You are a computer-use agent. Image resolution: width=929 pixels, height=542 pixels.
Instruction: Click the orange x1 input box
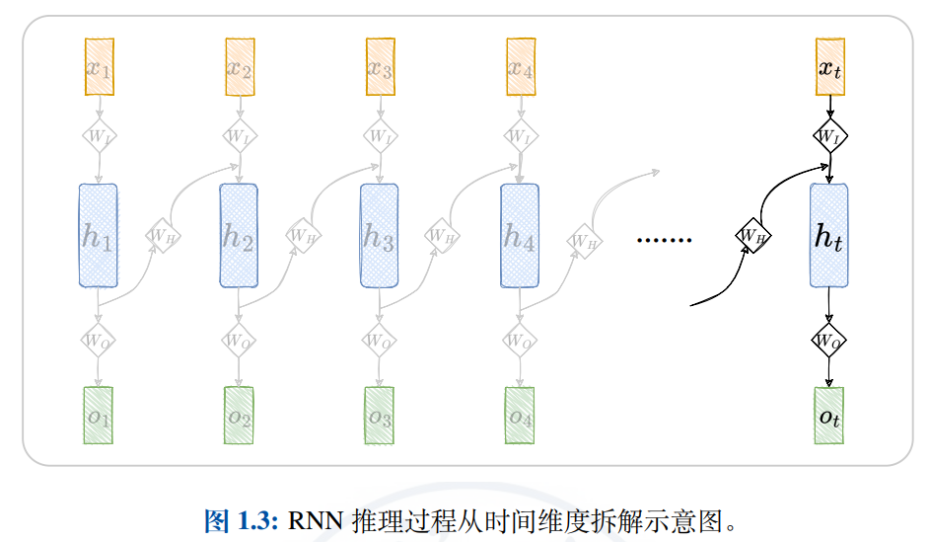[100, 67]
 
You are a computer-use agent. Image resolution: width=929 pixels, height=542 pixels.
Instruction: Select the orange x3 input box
[381, 67]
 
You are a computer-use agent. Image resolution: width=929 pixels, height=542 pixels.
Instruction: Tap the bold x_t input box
[829, 67]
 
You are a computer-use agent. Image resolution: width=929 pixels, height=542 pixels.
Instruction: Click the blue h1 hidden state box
[99, 235]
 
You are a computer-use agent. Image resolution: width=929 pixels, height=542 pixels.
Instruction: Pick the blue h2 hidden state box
[239, 235]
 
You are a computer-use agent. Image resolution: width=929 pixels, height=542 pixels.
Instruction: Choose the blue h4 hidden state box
[520, 235]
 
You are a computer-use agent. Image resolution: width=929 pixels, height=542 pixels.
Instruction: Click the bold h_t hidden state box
[828, 235]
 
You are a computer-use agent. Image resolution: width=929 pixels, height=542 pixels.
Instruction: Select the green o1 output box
[99, 416]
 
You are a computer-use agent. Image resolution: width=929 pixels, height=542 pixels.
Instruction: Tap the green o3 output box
[380, 416]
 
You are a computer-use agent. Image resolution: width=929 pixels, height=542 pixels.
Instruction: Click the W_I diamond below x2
[239, 135]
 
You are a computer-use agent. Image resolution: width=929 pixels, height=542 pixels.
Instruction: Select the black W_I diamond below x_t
[829, 135]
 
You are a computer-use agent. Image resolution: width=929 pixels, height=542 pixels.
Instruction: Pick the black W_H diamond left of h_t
[753, 235]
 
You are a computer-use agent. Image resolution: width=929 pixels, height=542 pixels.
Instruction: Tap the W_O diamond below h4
[519, 340]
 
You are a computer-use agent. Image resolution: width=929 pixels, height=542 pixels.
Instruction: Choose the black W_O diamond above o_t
[828, 341]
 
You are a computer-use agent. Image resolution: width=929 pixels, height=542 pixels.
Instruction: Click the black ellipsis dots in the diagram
[665, 240]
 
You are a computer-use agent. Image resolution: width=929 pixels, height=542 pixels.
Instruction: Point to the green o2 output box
[239, 416]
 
